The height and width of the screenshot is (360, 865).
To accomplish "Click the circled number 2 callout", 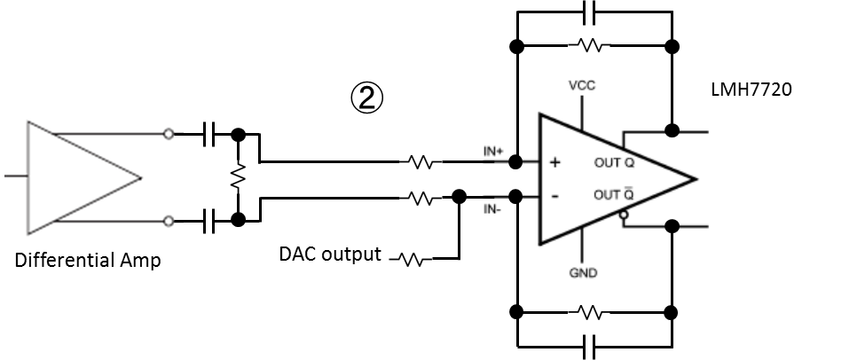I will [366, 98].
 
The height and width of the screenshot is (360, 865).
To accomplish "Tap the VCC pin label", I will [582, 86].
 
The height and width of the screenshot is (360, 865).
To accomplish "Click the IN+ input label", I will [493, 152].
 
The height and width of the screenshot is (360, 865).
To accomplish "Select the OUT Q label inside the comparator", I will [612, 163].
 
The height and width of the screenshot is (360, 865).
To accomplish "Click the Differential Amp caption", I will [88, 262].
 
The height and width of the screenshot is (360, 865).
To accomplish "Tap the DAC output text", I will [330, 254].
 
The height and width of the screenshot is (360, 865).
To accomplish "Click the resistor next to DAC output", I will [411, 260].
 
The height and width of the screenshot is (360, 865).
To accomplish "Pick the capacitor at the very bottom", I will [593, 344].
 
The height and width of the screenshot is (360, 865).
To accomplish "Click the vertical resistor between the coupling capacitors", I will [237, 176].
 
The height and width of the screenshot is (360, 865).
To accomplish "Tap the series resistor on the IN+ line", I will [421, 162].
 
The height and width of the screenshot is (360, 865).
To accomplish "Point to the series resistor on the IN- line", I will [421, 199].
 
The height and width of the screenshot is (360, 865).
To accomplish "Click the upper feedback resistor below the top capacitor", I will [593, 45].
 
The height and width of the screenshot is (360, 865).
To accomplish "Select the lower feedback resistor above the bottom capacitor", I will [593, 312].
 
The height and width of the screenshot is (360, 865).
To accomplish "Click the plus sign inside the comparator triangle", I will [555, 162].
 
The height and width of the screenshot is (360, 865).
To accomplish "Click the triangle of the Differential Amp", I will [80, 176].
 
